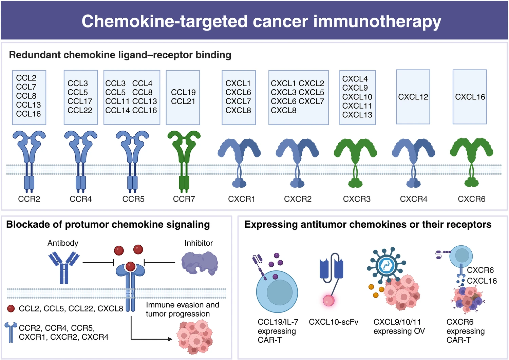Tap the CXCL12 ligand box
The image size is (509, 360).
pyautogui.click(x=413, y=97)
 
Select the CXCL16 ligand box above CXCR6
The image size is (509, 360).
pyautogui.click(x=470, y=97)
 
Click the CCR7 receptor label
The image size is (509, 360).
pyautogui.click(x=184, y=199)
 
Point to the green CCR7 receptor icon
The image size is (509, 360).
pyautogui.click(x=184, y=159)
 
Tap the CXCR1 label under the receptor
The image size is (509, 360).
pyautogui.click(x=241, y=199)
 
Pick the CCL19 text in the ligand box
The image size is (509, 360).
pyautogui.click(x=183, y=92)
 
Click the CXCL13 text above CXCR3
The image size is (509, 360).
pyautogui.click(x=357, y=115)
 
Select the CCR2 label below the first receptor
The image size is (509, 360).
pyautogui.click(x=29, y=199)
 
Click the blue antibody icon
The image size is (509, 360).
pyautogui.click(x=64, y=266)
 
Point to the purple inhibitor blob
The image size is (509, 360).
pyautogui.click(x=199, y=262)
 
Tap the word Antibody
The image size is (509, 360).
pyautogui.click(x=63, y=243)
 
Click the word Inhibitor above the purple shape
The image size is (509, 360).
pyautogui.click(x=199, y=243)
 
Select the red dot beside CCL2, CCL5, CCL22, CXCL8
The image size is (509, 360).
pyautogui.click(x=11, y=308)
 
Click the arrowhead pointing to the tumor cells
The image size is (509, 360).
pyautogui.click(x=170, y=339)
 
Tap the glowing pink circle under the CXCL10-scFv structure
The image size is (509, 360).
pyautogui.click(x=328, y=300)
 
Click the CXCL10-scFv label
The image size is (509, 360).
pyautogui.click(x=333, y=322)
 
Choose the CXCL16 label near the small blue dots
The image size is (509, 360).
pyautogui.click(x=482, y=281)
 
